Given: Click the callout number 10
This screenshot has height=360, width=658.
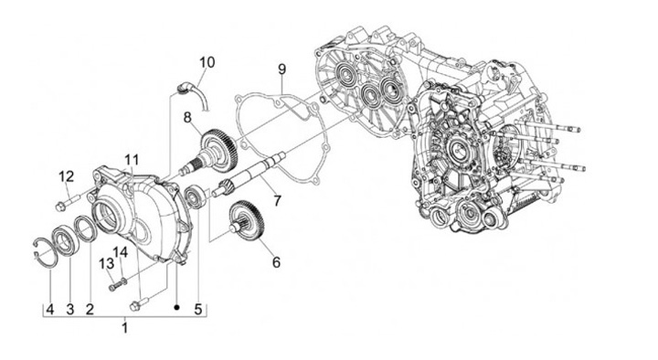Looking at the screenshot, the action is [x=207, y=62].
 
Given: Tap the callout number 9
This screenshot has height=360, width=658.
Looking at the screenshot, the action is [x=281, y=69].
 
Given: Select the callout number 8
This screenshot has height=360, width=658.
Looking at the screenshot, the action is [x=187, y=118].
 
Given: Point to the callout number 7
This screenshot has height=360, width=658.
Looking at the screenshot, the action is [x=277, y=201].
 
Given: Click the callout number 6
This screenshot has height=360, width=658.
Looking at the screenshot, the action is [x=276, y=262].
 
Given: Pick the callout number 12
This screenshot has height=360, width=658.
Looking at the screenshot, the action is [x=67, y=176].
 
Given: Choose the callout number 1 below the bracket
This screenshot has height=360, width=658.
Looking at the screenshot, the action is [x=124, y=327].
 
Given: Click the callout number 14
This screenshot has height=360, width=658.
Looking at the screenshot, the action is [x=120, y=252].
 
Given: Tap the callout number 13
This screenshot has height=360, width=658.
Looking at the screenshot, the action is [x=106, y=264].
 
